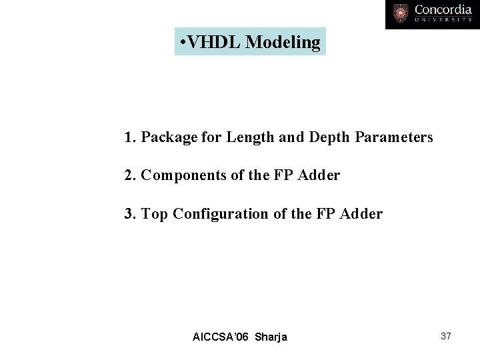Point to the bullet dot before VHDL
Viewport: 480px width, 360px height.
tap(183, 43)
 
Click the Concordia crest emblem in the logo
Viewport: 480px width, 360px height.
tap(401, 13)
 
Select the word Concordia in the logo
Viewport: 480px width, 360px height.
tap(443, 9)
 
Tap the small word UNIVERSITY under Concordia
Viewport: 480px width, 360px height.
tap(443, 20)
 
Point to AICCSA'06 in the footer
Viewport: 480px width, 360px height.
tap(218, 337)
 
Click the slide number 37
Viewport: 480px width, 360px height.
tap(446, 336)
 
